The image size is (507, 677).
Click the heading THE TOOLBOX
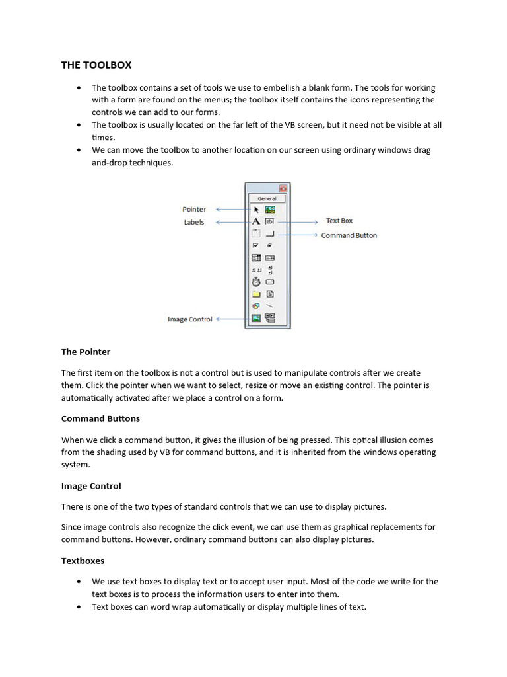point(96,65)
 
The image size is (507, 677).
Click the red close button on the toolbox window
point(283,188)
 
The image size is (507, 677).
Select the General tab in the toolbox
point(267,198)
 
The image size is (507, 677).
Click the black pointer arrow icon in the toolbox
point(257,210)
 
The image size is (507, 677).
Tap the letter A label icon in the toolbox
point(256,221)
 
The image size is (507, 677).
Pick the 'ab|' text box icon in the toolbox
point(269,221)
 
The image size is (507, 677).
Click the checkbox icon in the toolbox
point(256,245)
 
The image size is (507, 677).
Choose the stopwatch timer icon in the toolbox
point(256,282)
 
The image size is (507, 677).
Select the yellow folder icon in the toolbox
point(256,294)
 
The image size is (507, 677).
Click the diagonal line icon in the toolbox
point(269,305)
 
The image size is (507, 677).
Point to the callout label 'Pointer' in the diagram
point(194,209)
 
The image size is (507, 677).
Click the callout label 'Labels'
point(194,223)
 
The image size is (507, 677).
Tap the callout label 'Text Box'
point(339,221)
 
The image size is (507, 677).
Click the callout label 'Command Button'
point(349,235)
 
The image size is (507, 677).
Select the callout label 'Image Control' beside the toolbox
point(190,319)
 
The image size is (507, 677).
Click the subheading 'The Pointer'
point(86,352)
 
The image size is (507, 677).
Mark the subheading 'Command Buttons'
point(100,418)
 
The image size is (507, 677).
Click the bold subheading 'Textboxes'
point(83,561)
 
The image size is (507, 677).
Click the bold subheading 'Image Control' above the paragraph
point(91,486)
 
